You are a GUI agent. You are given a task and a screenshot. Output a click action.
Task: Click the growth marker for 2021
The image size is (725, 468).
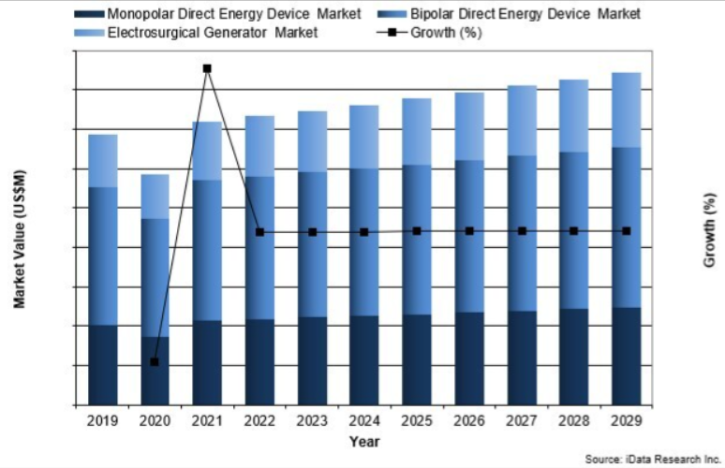pyautogui.click(x=207, y=68)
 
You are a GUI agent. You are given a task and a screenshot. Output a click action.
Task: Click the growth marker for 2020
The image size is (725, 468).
pyautogui.click(x=155, y=361)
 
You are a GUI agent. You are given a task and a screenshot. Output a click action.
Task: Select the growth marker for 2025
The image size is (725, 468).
pyautogui.click(x=417, y=230)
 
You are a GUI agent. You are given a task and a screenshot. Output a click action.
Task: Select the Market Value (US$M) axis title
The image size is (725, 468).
pyautogui.click(x=20, y=240)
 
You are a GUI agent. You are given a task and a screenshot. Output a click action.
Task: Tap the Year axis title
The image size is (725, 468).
pyautogui.click(x=364, y=440)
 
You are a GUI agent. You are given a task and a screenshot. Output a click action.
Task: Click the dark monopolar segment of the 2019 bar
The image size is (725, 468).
pyautogui.click(x=103, y=364)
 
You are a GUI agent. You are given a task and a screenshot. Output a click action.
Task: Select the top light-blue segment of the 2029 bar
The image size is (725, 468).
pyautogui.click(x=627, y=110)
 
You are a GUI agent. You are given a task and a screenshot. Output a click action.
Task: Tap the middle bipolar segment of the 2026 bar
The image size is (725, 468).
pyautogui.click(x=469, y=236)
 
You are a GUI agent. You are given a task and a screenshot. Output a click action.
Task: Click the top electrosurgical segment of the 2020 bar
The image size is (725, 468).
pyautogui.click(x=155, y=196)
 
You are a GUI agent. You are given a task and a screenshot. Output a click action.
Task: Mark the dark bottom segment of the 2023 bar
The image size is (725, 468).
pyautogui.click(x=312, y=360)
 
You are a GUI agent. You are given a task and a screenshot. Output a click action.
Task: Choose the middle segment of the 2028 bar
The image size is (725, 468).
pyautogui.click(x=574, y=230)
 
